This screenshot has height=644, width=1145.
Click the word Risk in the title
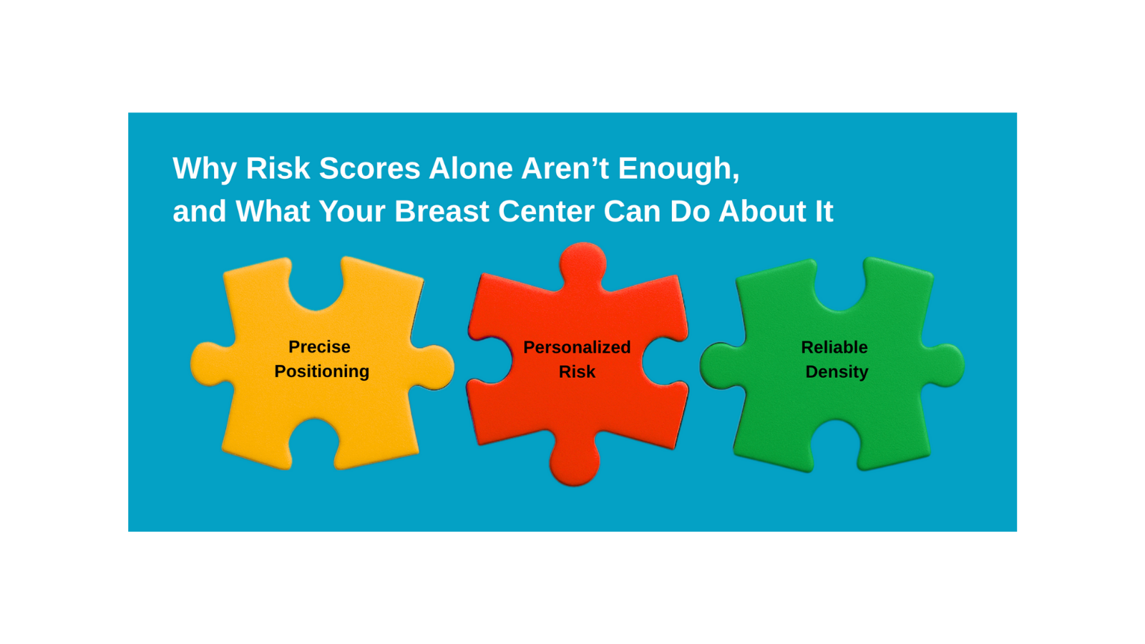278,168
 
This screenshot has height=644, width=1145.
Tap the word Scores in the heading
369,168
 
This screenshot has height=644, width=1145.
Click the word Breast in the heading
442,211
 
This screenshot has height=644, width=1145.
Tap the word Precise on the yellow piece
319,346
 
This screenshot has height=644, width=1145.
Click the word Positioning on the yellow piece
321,371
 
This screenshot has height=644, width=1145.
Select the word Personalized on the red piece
577,347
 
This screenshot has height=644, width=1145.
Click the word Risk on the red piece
577,371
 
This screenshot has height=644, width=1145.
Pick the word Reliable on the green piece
834,347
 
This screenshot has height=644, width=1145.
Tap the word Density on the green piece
837,371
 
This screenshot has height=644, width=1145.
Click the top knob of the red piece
583,264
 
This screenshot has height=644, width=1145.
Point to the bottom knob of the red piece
574,462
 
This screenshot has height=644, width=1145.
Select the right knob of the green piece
944,365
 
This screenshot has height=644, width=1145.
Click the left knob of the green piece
721,365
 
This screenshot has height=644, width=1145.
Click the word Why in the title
205,170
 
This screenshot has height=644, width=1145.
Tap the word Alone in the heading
471,168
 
